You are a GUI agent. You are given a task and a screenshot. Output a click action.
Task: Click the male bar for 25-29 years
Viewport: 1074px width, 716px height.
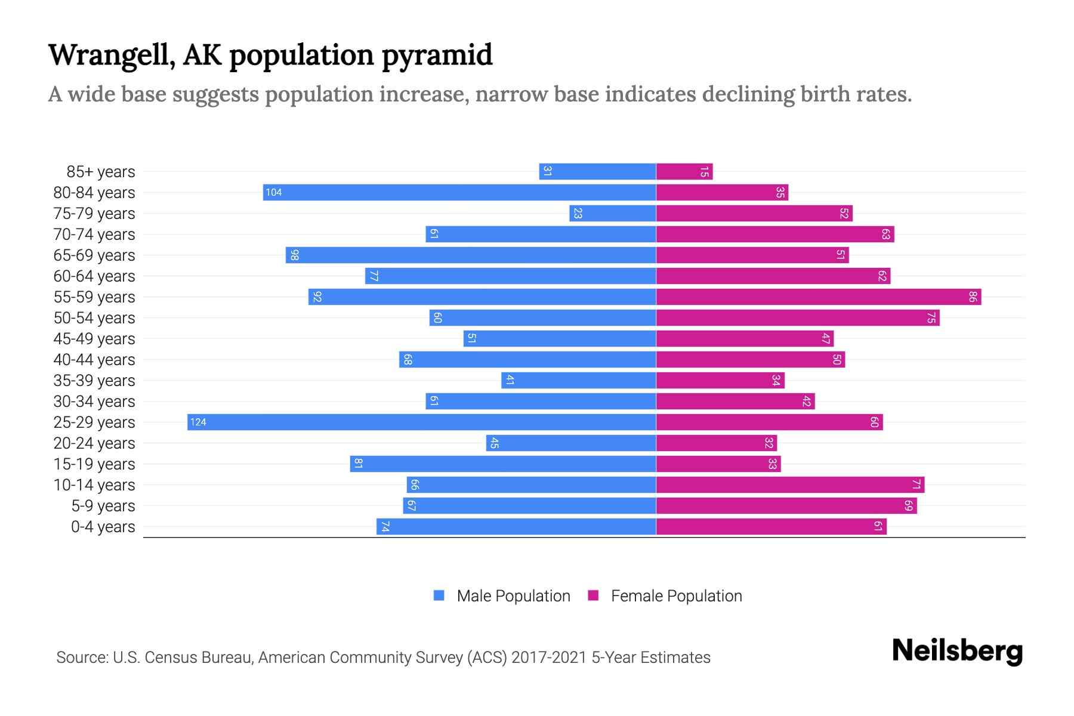coord(421,422)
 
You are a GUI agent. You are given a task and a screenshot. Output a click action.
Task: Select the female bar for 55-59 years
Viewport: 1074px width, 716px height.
coord(819,297)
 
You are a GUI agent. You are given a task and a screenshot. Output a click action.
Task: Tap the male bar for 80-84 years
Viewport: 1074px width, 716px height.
coord(459,193)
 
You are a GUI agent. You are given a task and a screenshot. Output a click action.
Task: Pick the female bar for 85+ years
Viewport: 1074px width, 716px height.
coord(684,172)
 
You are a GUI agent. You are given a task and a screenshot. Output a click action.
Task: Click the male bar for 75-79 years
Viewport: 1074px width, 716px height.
coord(613,214)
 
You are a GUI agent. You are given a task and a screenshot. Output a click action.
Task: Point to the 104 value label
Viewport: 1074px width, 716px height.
coord(274,193)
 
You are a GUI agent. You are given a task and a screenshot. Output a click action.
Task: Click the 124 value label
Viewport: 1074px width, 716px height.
coord(198,422)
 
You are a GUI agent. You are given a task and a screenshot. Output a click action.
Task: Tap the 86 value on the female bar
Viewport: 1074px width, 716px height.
coord(973,297)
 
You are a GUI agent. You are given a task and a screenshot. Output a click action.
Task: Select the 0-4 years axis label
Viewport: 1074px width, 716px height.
coord(103,527)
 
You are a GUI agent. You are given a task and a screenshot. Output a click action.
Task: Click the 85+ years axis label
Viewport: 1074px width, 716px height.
coord(101,172)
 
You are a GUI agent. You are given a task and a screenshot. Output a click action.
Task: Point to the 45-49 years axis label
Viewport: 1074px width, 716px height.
coord(94,339)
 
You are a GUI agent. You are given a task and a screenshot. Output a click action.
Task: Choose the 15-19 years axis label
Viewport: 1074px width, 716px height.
coord(94,464)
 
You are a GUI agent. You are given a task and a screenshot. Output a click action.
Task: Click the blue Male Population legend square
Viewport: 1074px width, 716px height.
coord(439,595)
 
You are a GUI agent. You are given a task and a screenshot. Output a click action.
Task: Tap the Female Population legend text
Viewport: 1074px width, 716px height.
coord(676,596)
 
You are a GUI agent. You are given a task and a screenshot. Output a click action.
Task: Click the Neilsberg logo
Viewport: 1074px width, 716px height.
coord(957,651)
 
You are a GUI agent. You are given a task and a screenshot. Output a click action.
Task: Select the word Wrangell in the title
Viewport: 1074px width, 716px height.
coord(111,56)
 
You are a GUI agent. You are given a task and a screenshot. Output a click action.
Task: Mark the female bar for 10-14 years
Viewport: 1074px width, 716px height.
coord(790,485)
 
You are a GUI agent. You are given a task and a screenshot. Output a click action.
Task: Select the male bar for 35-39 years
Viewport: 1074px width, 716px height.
coord(579,381)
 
